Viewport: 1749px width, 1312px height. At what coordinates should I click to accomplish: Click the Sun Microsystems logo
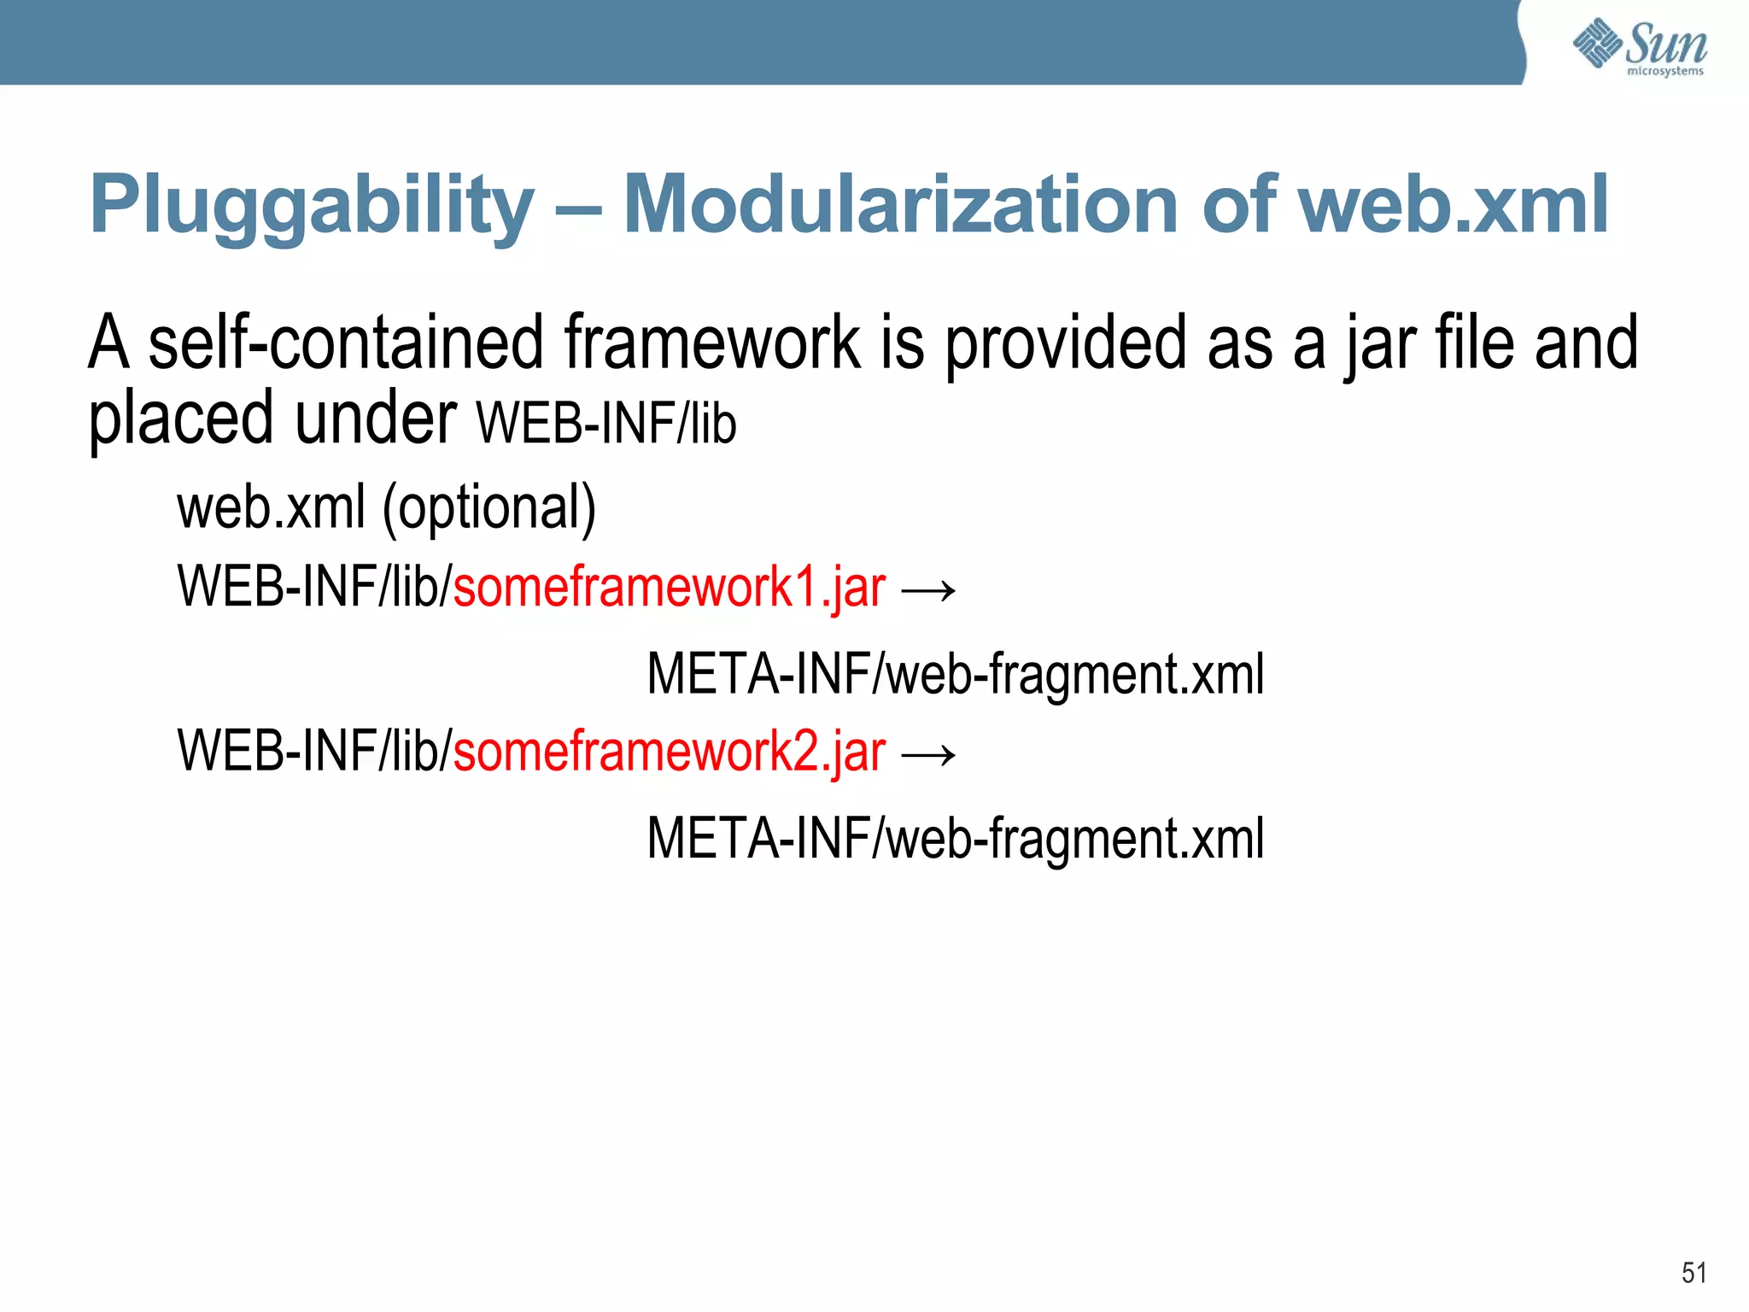point(1640,47)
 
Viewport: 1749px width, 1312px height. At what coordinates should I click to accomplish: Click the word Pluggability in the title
point(312,205)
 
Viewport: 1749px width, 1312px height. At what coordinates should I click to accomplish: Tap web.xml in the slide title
point(1452,205)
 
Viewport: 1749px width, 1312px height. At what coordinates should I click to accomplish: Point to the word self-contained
point(345,343)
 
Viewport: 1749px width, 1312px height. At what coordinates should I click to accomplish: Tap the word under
point(376,419)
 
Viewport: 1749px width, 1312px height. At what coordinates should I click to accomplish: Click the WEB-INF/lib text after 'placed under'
point(606,423)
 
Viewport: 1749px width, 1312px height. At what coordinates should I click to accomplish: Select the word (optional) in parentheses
point(488,508)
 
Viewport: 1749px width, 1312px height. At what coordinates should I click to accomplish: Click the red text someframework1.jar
point(669,588)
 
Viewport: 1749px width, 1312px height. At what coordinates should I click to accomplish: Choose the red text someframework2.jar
point(669,752)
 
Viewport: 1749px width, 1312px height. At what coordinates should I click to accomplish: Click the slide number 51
point(1693,1273)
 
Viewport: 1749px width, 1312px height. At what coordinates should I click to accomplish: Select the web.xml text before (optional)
point(271,508)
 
